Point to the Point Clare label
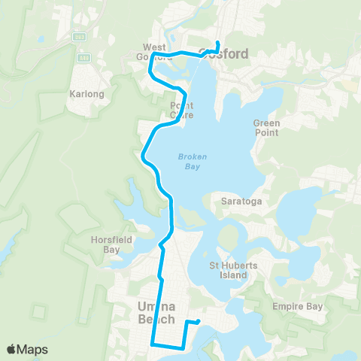point(181,110)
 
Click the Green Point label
point(266,127)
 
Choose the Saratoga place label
point(238,201)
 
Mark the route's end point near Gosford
point(217,42)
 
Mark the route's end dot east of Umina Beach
point(199,322)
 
